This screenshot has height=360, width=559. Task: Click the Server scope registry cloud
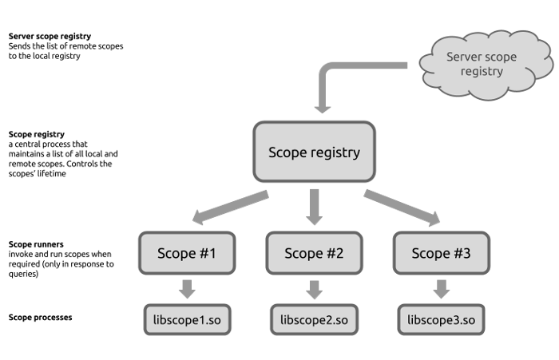click(486, 64)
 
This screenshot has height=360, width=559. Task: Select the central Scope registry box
click(314, 152)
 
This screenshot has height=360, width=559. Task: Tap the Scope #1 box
click(187, 253)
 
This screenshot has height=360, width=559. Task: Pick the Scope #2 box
click(314, 253)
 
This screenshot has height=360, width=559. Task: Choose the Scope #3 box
click(442, 253)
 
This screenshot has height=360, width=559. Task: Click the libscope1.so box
click(187, 320)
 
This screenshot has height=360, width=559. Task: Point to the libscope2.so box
click(314, 320)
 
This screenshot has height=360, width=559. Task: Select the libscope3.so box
click(442, 320)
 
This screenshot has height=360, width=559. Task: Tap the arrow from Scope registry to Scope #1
click(230, 207)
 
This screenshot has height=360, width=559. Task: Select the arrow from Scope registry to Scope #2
click(314, 207)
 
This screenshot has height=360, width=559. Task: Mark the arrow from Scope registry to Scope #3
click(402, 208)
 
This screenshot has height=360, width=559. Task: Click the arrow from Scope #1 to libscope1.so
click(187, 289)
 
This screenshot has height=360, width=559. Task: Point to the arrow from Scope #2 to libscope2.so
click(314, 290)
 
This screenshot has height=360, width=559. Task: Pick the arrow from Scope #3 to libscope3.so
click(442, 289)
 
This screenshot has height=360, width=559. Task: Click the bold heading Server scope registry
click(50, 36)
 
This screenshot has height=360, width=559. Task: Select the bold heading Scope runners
click(36, 244)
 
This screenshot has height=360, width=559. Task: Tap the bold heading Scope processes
click(40, 317)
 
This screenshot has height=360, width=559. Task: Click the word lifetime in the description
click(52, 173)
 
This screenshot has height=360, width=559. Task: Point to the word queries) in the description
click(23, 274)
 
